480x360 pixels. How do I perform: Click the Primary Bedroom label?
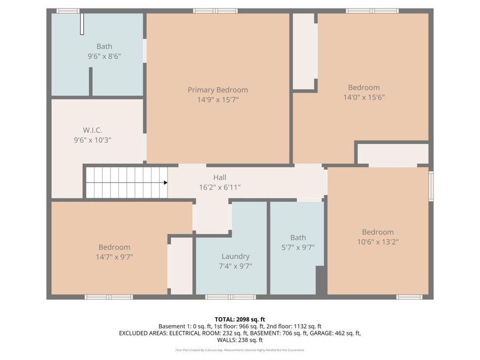(218, 90)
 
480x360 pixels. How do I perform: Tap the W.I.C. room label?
(92, 130)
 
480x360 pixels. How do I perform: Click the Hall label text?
(220, 178)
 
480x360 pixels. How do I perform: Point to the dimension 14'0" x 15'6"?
(364, 97)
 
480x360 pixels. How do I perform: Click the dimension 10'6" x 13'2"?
(378, 242)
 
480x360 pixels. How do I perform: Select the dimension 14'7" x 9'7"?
(114, 257)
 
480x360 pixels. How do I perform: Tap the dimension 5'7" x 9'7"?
(298, 247)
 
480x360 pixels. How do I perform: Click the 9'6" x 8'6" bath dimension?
(104, 55)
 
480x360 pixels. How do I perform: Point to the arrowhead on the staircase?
(165, 182)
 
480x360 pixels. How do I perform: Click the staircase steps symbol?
(126, 182)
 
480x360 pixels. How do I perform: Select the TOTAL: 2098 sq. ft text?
(239, 319)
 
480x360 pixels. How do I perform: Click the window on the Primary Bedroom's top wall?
(215, 11)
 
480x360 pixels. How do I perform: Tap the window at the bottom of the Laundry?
(223, 297)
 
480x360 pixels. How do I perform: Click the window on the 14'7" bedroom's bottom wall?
(109, 297)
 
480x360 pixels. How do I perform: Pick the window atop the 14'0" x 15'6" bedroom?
(372, 11)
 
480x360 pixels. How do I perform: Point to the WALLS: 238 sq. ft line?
(239, 340)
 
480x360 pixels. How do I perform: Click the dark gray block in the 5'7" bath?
(321, 280)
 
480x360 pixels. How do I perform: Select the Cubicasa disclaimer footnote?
(239, 350)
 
